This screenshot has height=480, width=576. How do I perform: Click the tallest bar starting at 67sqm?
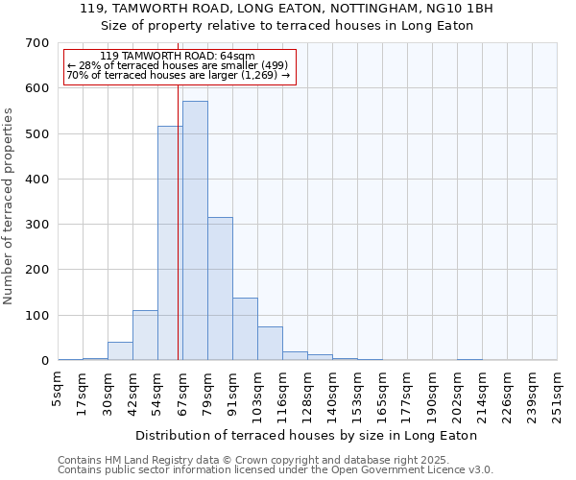(195, 230)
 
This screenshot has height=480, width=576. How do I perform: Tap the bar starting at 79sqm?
(220, 288)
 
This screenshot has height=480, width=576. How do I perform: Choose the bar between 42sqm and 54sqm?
(145, 335)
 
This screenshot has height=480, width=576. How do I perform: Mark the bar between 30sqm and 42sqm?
(120, 351)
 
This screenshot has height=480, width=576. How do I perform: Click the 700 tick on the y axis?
(37, 43)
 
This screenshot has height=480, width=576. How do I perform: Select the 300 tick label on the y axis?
(37, 225)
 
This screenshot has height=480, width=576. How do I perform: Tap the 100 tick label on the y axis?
(37, 316)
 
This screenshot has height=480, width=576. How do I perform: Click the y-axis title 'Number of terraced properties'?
(10, 206)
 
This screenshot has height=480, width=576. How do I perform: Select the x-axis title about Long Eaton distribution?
(307, 435)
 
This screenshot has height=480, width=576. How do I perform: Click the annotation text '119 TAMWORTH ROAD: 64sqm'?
(178, 57)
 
